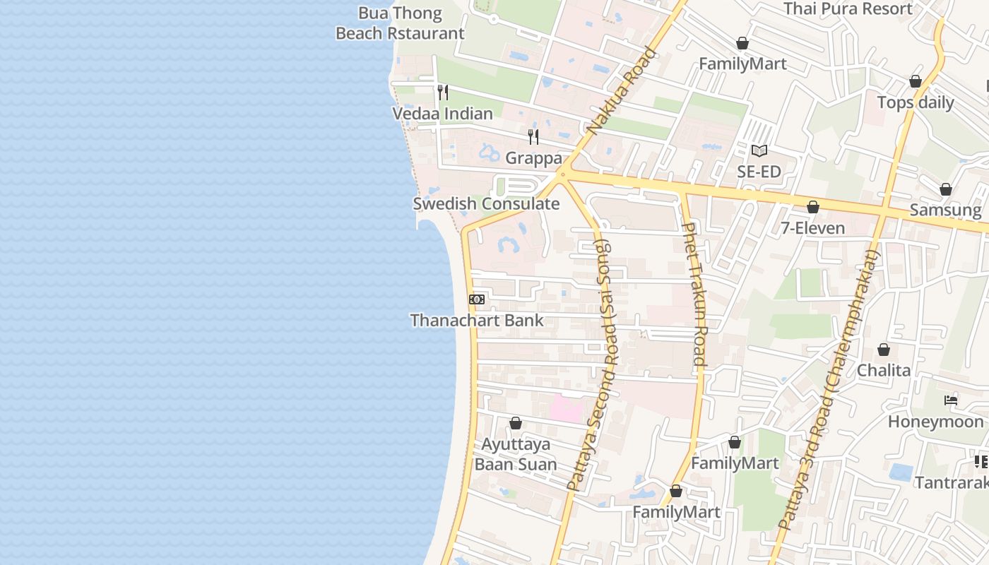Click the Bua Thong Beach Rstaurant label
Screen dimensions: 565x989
[400, 23]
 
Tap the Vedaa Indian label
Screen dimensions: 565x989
[442, 114]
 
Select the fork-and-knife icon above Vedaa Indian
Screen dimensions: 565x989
[443, 92]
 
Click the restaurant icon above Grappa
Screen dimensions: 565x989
[533, 136]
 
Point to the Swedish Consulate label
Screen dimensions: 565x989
[486, 204]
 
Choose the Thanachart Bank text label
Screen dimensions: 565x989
[477, 320]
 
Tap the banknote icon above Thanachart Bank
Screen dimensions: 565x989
[477, 299]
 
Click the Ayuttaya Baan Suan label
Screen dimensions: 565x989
[516, 454]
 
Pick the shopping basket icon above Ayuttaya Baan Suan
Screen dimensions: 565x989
[516, 423]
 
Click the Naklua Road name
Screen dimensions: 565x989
[622, 90]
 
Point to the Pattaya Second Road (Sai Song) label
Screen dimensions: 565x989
[592, 364]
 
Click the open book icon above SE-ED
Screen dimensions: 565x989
[759, 150]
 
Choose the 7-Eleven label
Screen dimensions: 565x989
[813, 227]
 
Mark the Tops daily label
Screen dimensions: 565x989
[916, 102]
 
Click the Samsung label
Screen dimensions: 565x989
[946, 210]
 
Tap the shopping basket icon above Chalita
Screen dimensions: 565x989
[884, 350]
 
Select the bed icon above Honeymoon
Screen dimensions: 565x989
[951, 400]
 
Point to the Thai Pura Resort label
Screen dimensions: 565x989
[848, 8]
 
